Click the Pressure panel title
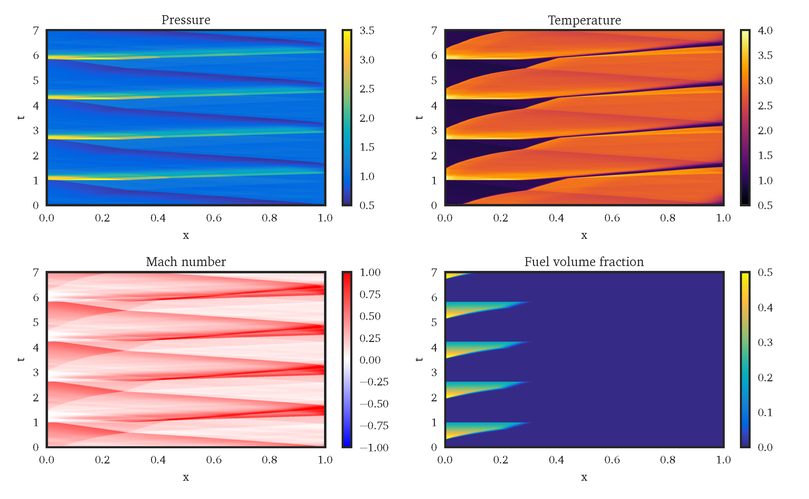(x=186, y=20)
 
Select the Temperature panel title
(x=584, y=20)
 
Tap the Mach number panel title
(x=186, y=262)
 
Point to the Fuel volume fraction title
(x=584, y=262)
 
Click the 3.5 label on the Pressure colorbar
(x=367, y=31)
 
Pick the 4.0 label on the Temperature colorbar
(x=765, y=31)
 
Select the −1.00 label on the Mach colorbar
(x=374, y=448)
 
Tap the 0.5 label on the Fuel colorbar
(x=765, y=273)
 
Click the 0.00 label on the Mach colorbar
(x=370, y=360)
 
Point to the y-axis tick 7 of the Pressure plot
(x=36, y=31)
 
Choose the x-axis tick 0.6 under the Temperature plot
(x=612, y=218)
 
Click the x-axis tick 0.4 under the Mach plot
(x=158, y=460)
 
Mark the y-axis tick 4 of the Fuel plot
(x=434, y=348)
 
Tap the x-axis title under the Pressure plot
(x=186, y=235)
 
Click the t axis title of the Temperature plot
(x=419, y=118)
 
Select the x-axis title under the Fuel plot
(x=584, y=477)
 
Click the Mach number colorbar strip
(x=347, y=360)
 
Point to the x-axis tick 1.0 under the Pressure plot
(x=325, y=218)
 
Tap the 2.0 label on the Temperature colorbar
(x=765, y=131)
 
